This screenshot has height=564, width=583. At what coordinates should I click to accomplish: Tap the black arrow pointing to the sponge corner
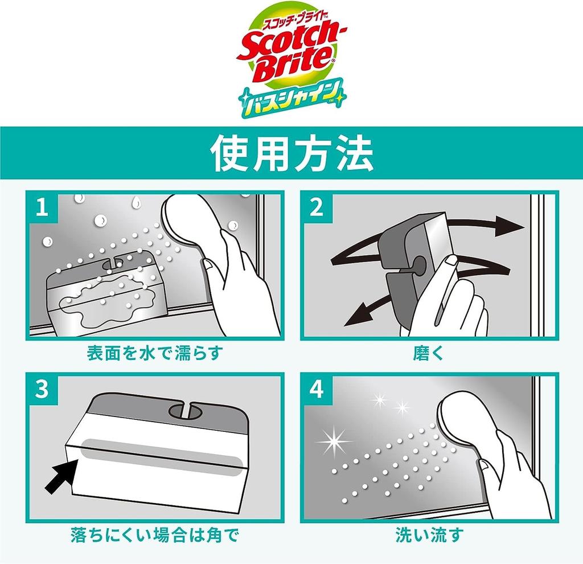coord(61,476)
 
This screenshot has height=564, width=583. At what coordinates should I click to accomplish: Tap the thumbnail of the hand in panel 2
coord(450,263)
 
